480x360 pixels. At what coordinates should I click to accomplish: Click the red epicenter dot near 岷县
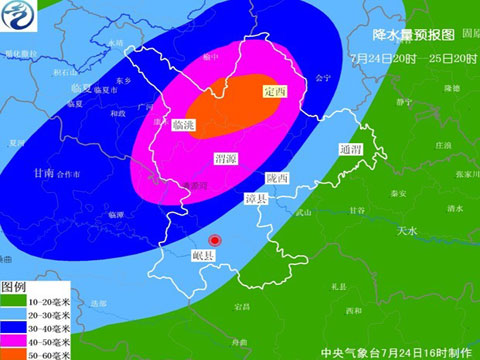coord(214,241)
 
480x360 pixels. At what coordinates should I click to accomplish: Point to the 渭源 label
coord(227,158)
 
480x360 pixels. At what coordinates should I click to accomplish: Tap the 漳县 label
coord(256,200)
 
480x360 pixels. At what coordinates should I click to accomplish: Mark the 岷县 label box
coord(204,256)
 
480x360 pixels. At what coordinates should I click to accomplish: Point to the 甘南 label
coord(43,173)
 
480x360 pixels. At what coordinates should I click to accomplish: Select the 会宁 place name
coord(321,76)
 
